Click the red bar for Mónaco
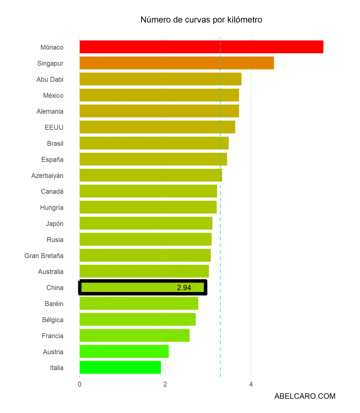tap(201, 47)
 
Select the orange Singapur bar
tap(177, 63)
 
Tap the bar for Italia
tap(120, 367)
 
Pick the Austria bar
tap(124, 351)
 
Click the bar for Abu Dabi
tap(160, 79)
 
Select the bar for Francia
tap(134, 336)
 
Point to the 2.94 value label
tap(184, 288)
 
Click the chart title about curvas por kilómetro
tap(201, 20)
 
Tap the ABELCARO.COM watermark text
tap(305, 396)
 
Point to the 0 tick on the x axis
tap(80, 384)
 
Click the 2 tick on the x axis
tap(165, 384)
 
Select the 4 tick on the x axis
tap(251, 384)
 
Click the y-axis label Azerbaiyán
tap(47, 175)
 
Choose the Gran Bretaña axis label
tap(44, 256)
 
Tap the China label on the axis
tap(55, 288)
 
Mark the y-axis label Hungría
tap(52, 208)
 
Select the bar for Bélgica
tap(137, 319)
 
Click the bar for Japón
tap(146, 223)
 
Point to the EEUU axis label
tap(54, 127)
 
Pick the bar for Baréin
tap(139, 303)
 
